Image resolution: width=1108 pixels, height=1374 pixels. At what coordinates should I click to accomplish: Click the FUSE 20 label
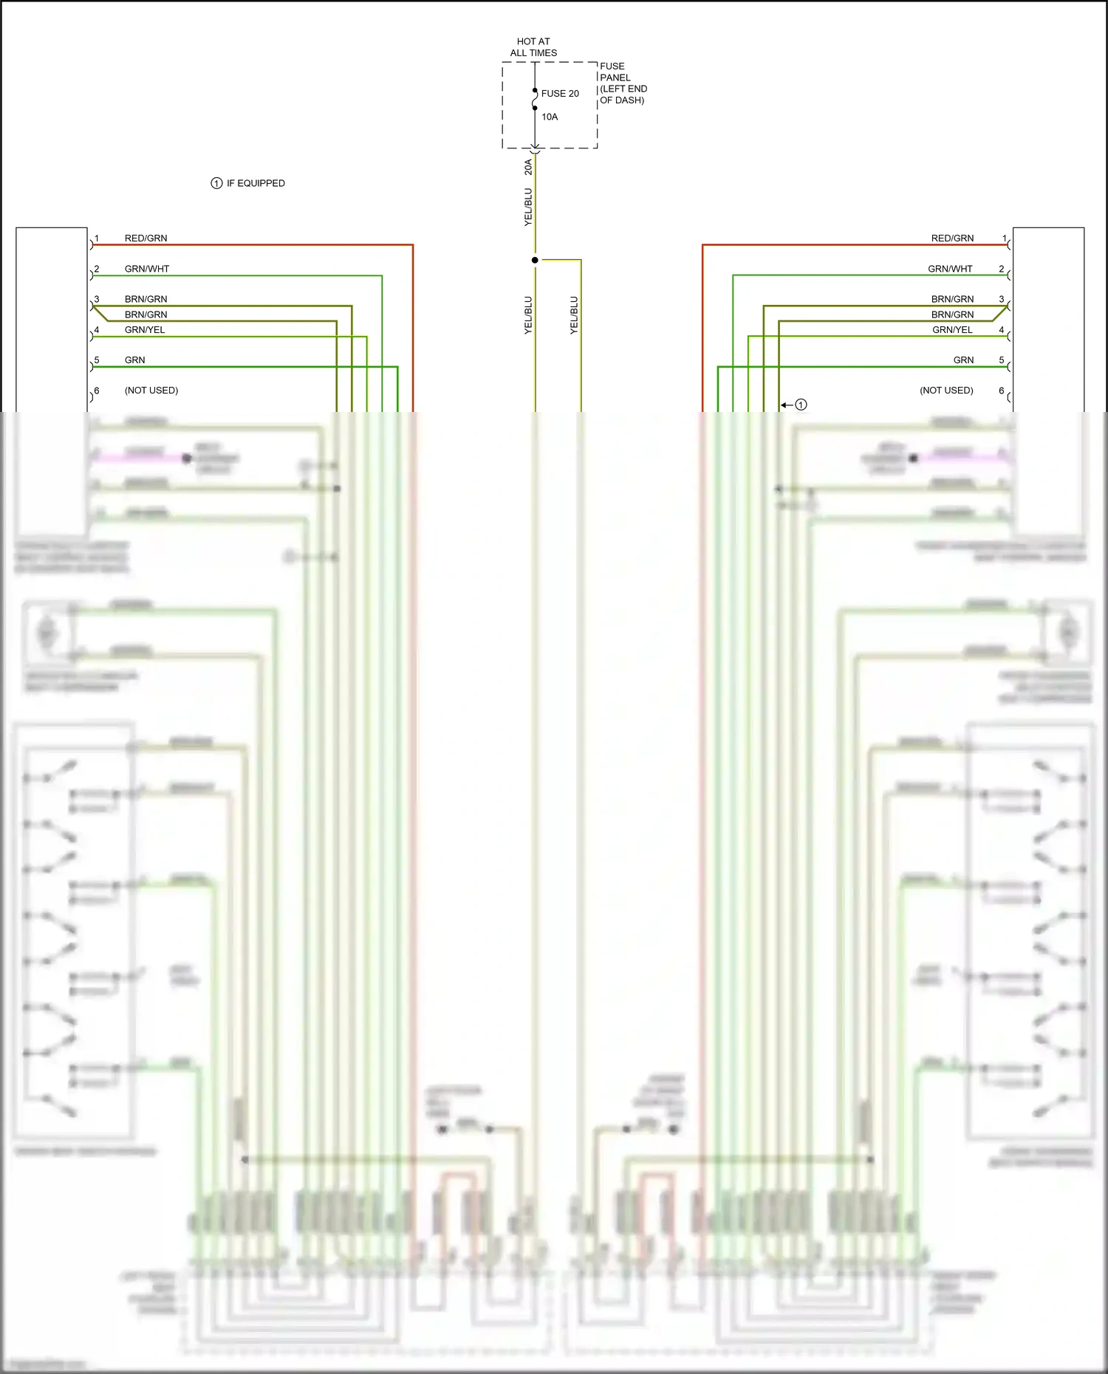coord(560,94)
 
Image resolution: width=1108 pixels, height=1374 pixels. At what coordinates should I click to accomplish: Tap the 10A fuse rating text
coord(550,117)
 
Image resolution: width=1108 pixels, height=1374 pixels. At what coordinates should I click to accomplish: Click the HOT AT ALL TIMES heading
coord(533,47)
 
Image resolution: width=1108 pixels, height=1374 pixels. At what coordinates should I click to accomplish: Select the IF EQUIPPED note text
coord(256,183)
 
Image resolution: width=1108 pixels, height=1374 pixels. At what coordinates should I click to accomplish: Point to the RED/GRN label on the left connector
coord(146,238)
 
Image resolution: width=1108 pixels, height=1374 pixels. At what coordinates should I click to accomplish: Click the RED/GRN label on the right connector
coord(952,238)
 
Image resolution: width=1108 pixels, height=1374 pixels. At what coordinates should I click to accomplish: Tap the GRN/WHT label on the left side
coord(146,269)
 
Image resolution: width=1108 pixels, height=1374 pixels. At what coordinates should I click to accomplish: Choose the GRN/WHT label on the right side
coord(950,269)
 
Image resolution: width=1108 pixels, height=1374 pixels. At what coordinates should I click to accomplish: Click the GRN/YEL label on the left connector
coord(145,330)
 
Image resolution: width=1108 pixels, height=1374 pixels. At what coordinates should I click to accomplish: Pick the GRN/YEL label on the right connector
coord(952,330)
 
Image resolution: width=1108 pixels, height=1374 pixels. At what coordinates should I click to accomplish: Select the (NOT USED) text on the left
coord(151,391)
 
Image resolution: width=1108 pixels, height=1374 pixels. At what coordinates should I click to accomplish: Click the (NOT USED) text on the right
coord(946,391)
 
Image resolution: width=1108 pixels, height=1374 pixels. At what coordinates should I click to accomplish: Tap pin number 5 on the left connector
coord(97,360)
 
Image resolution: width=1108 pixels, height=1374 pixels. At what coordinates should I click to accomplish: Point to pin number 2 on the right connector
coord(1002,269)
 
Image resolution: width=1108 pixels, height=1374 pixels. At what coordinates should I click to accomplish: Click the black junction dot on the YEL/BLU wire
coord(535,260)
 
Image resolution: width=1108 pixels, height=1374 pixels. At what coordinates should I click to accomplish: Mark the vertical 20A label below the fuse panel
coord(528,167)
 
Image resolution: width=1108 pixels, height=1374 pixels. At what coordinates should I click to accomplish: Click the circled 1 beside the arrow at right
coord(801,405)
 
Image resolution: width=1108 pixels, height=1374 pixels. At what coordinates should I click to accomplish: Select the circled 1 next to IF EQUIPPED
coord(216,183)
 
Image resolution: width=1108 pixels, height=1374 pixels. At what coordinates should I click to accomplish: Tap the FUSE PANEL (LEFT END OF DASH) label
coord(623,83)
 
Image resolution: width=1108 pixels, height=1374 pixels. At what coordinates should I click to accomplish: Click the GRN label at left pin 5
coord(134,360)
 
